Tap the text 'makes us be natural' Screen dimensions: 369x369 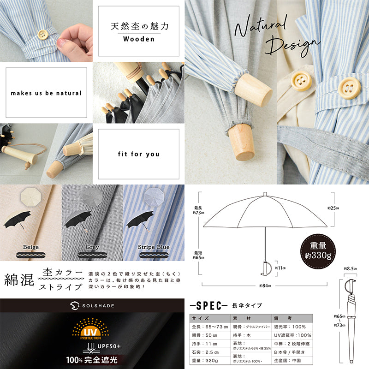click(x=46, y=93)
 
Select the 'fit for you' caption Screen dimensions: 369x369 click(x=138, y=154)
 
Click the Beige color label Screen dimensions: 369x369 click(x=30, y=247)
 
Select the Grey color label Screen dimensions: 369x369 click(x=92, y=247)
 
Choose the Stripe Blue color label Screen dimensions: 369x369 click(x=154, y=247)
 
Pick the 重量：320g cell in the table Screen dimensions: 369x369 click(x=206, y=360)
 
